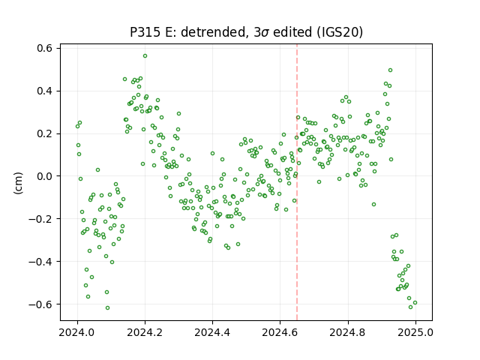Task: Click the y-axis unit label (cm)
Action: (x=18, y=183)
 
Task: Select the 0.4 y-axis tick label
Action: (x=44, y=91)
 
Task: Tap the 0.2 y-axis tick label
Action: (x=44, y=133)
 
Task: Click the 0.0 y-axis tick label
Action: (x=44, y=176)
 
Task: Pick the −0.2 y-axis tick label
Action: (x=40, y=219)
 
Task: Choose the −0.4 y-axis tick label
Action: (x=40, y=262)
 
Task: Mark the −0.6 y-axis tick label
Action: (x=40, y=304)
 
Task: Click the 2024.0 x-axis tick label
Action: (x=77, y=332)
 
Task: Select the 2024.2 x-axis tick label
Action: (x=145, y=332)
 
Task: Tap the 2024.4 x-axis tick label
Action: (x=212, y=332)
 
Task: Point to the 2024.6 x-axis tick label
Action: (x=280, y=332)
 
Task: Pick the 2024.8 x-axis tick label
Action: (x=348, y=332)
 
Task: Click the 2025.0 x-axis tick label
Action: (x=415, y=332)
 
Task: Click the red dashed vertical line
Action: (x=297, y=182)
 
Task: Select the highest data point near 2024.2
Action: (x=145, y=56)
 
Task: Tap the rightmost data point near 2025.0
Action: (x=415, y=303)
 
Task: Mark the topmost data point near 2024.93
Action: (x=390, y=70)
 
